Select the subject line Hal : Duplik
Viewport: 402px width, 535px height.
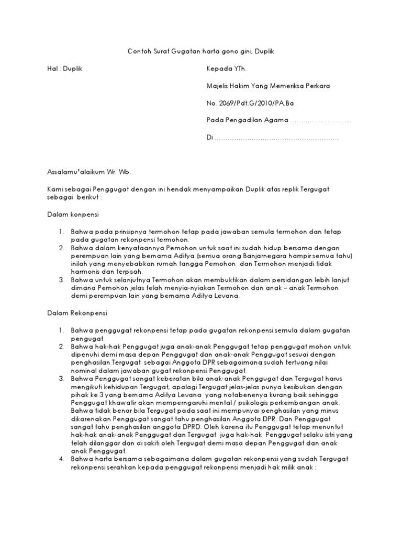coord(64,68)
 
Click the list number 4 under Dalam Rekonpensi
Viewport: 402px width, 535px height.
coord(61,459)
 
